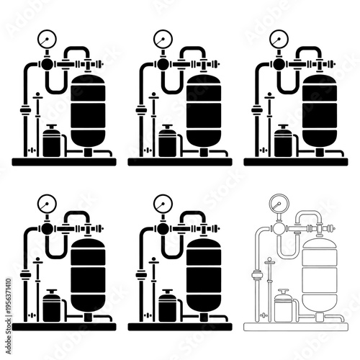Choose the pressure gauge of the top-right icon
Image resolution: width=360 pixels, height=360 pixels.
[276, 37]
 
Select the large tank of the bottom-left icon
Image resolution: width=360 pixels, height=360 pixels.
[88, 275]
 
